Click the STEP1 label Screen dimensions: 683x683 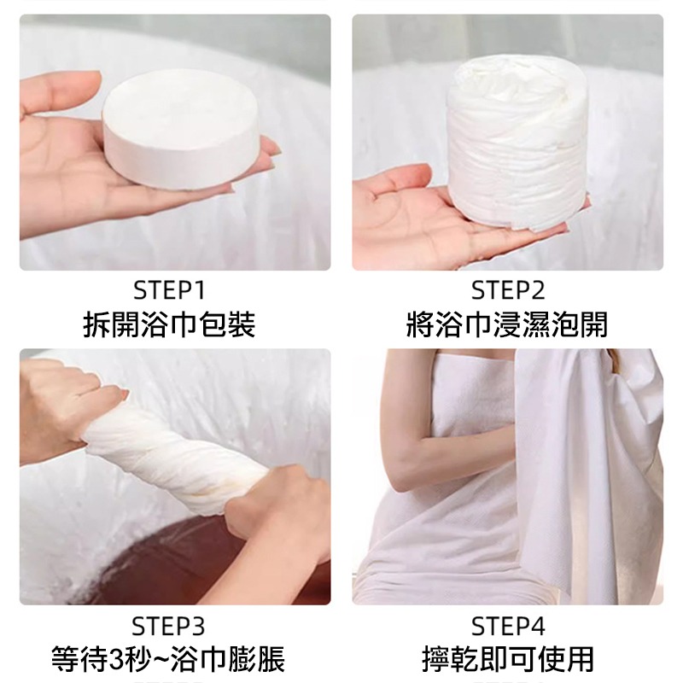[x=169, y=291]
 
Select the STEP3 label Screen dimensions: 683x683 [x=169, y=626]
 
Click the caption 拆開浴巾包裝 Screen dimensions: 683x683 [x=169, y=325]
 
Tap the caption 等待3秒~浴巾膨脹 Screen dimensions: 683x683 [x=169, y=659]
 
